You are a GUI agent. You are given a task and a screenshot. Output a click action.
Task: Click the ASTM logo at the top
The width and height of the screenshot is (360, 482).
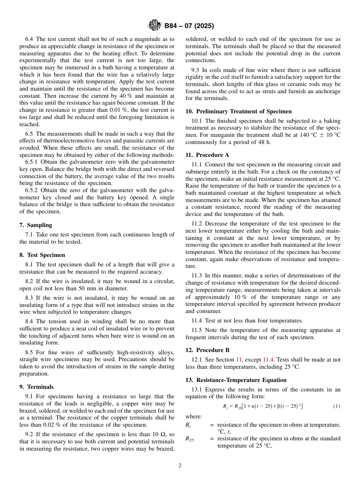coord(154,26)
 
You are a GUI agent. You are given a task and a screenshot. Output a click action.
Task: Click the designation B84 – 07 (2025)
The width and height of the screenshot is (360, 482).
coord(189,26)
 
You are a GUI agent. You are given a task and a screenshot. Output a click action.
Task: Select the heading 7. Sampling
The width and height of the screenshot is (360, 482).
coord(36,225)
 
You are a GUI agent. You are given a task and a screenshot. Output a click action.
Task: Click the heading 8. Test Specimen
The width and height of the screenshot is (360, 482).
coord(42,255)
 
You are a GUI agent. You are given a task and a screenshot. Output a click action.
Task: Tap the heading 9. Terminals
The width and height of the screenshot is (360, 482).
coord(36,387)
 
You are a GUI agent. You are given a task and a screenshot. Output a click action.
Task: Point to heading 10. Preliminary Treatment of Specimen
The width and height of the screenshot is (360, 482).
coord(239,111)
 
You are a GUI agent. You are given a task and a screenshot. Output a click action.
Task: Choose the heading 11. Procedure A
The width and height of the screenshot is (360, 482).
coord(207,155)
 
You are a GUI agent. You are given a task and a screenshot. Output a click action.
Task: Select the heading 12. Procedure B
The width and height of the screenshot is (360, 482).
coord(207,350)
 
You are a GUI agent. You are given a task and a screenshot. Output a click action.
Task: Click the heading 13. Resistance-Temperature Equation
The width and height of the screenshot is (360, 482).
coord(236,380)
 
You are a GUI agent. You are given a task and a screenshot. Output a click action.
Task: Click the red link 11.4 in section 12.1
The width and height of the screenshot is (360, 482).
coord(268,360)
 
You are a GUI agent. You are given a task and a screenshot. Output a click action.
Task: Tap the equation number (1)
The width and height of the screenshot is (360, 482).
coord(337,406)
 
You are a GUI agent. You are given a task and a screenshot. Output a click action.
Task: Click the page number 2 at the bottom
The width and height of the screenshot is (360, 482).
coord(180,466)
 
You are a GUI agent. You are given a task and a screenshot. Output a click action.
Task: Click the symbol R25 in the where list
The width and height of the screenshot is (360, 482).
coord(189,439)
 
